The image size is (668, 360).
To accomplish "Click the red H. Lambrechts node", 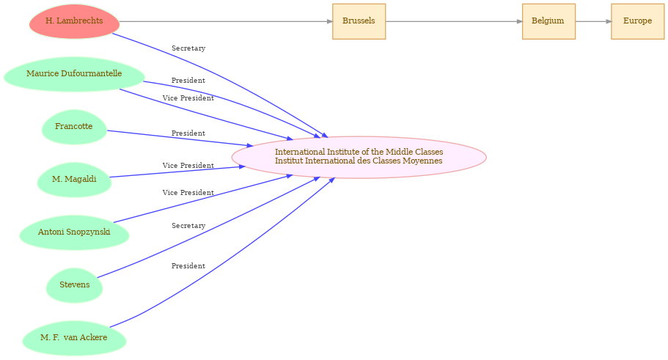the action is [x=74, y=21].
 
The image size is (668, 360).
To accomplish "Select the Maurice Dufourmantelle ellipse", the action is [x=74, y=74].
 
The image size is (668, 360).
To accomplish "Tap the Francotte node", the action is [x=74, y=127].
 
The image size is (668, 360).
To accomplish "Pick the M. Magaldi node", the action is [x=74, y=180].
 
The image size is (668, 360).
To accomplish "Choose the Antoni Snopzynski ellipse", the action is [x=74, y=232].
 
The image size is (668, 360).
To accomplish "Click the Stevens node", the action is [x=74, y=285].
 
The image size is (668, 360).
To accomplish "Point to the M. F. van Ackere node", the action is [x=74, y=338].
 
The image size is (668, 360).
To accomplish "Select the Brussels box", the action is [x=359, y=21].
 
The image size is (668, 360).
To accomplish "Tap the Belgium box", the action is [x=548, y=21].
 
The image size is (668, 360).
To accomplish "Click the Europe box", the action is [x=637, y=21].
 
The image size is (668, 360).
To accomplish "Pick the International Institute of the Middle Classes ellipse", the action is [x=359, y=157].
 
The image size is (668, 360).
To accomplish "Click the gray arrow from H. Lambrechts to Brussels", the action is [x=226, y=21].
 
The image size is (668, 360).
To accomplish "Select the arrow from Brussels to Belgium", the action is [x=454, y=21].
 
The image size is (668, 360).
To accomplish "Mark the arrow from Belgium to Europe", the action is [x=593, y=21].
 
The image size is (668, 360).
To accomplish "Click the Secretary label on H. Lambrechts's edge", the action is [x=188, y=48].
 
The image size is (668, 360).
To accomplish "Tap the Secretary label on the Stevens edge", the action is [x=188, y=226].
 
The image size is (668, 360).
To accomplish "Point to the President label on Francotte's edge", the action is [x=188, y=133].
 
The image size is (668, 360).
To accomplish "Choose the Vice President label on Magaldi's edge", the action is [x=188, y=166].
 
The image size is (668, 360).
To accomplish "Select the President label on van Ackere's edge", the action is [x=188, y=266].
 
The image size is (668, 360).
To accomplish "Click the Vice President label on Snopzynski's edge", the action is [x=188, y=193].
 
